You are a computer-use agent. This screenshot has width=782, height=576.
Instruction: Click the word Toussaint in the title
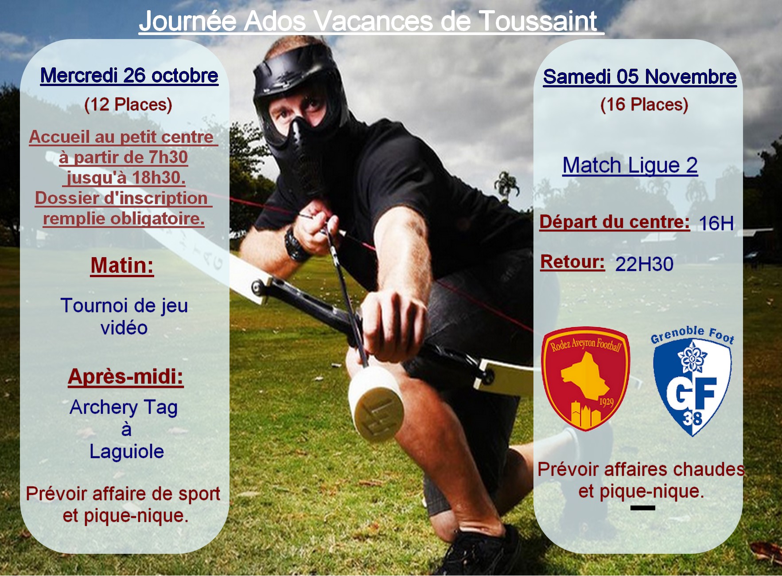538,21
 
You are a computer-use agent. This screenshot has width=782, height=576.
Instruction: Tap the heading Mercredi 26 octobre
129,75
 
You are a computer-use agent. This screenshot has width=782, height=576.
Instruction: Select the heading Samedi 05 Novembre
640,76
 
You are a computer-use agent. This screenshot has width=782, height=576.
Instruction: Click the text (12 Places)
128,105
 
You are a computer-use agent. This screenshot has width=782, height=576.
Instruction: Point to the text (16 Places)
644,105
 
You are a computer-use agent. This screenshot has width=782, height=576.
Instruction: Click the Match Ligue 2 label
630,165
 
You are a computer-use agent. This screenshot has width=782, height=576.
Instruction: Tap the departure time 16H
716,223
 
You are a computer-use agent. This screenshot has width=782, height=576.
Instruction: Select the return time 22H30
644,264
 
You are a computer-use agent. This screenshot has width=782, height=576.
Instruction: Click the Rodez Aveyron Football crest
585,379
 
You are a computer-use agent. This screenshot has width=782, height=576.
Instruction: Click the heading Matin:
122,266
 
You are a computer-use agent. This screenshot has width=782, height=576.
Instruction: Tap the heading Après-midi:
126,377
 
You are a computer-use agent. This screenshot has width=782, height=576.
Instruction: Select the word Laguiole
127,451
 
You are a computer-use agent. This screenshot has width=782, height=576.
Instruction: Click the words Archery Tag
124,408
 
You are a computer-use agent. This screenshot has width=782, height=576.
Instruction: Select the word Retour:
572,262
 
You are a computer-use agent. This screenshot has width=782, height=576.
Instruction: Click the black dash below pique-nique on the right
643,508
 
